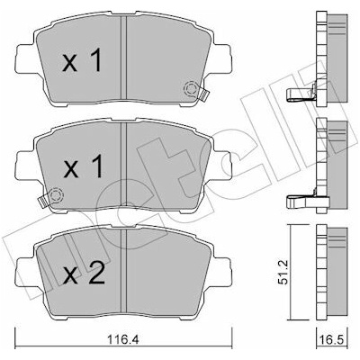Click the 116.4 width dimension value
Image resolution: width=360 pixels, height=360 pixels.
pos(123,340)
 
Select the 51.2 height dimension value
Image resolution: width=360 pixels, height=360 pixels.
pos(283,273)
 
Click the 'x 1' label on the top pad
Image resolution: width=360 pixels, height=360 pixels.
pos(82,61)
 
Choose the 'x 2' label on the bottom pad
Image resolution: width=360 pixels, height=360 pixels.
pos(84,273)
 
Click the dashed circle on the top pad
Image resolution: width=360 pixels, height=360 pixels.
pos(191,89)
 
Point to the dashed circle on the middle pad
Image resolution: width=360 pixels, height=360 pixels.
pos(56,195)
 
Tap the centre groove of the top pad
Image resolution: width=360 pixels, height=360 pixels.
pos(123,58)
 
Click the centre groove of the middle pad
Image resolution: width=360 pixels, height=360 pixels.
pos(123,165)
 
